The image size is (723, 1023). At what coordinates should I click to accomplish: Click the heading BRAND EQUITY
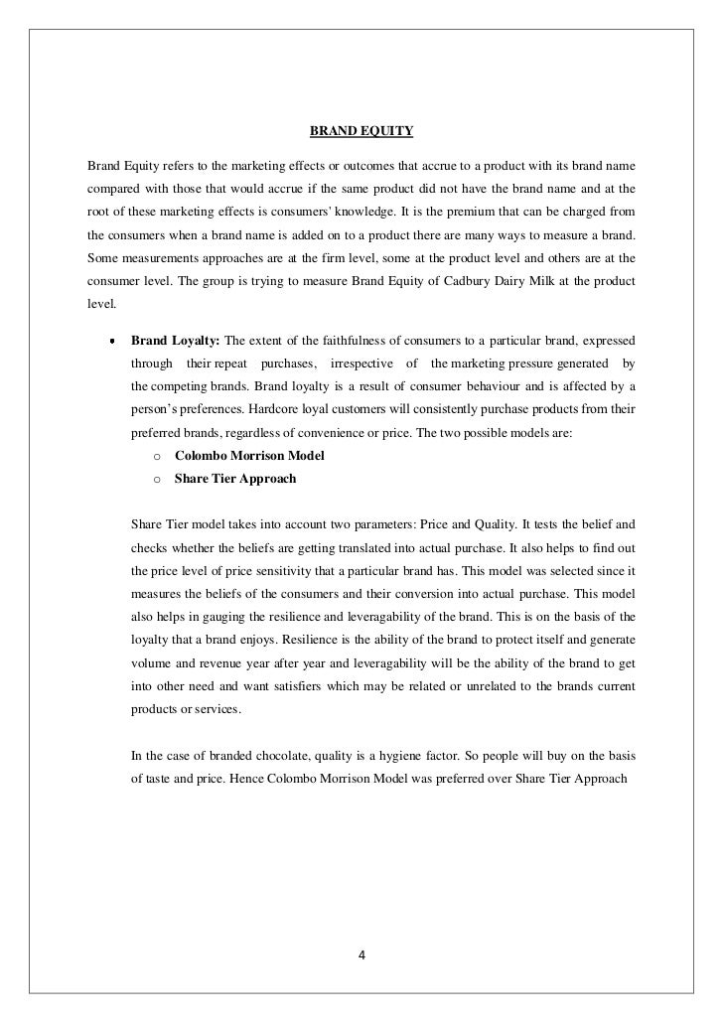click(361, 131)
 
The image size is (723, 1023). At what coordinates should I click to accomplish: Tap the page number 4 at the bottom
click(361, 956)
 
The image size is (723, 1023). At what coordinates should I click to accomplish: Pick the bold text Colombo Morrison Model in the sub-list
click(249, 456)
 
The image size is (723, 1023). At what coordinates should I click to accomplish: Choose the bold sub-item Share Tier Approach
click(234, 478)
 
